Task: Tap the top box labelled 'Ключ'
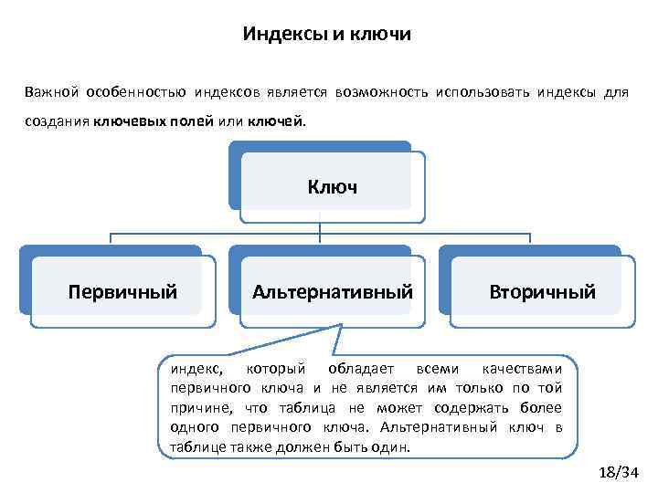(x=332, y=187)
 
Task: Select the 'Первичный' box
(x=123, y=292)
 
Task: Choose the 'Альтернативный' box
(x=333, y=292)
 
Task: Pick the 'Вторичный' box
(x=542, y=292)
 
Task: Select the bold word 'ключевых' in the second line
(x=125, y=121)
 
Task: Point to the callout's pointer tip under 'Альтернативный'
(x=339, y=325)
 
